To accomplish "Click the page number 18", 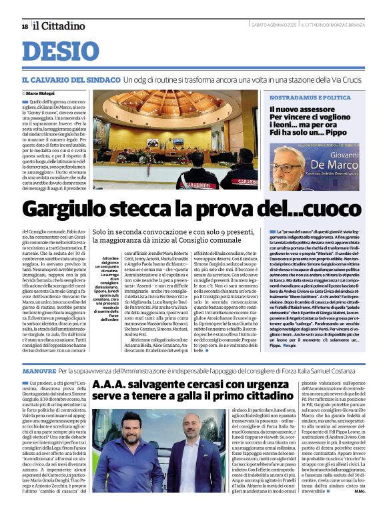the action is click(25, 26).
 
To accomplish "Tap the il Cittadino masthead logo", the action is click(59, 25).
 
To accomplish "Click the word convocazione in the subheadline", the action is click(177, 232).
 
